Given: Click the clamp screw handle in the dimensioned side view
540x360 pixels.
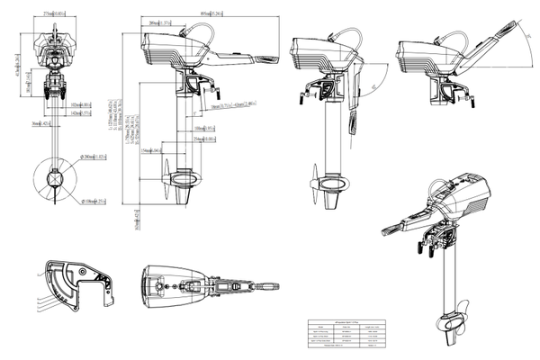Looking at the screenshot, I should point(214,92).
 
